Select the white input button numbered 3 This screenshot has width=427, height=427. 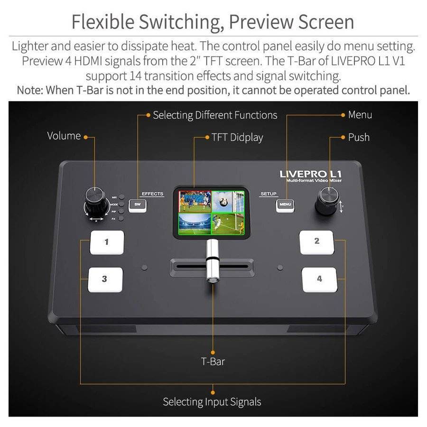coord(105,279)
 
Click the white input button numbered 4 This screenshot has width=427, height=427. coord(319,279)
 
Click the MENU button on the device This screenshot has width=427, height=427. coord(286,205)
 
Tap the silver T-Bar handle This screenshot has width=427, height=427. coord(212,261)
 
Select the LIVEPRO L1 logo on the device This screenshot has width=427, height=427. coord(311,174)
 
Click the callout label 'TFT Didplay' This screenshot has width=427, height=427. coord(237,138)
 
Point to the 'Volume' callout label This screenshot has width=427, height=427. coord(64,136)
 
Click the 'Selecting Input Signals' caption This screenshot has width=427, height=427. coord(212,402)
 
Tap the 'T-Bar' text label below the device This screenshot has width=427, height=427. coord(213,362)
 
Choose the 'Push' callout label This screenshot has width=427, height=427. coord(359,138)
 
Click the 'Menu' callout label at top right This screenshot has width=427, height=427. coord(360,115)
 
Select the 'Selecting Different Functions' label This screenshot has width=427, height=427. coord(215,115)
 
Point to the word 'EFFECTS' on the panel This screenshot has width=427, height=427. coord(152,194)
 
